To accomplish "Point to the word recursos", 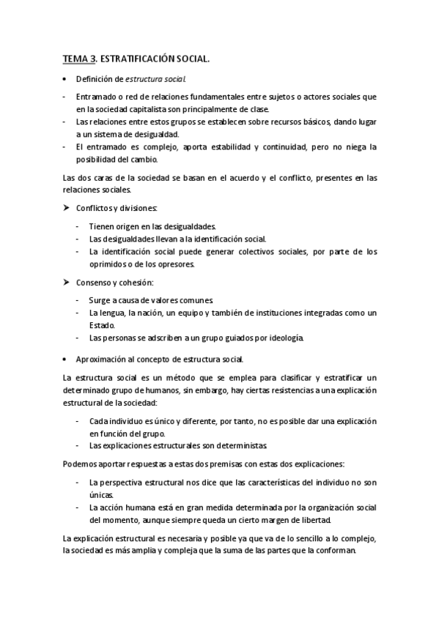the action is (276, 122).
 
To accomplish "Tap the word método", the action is (158, 378).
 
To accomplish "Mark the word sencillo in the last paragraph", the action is (300, 539).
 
